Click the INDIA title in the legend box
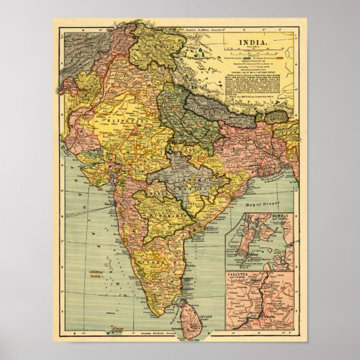[x=253, y=43]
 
